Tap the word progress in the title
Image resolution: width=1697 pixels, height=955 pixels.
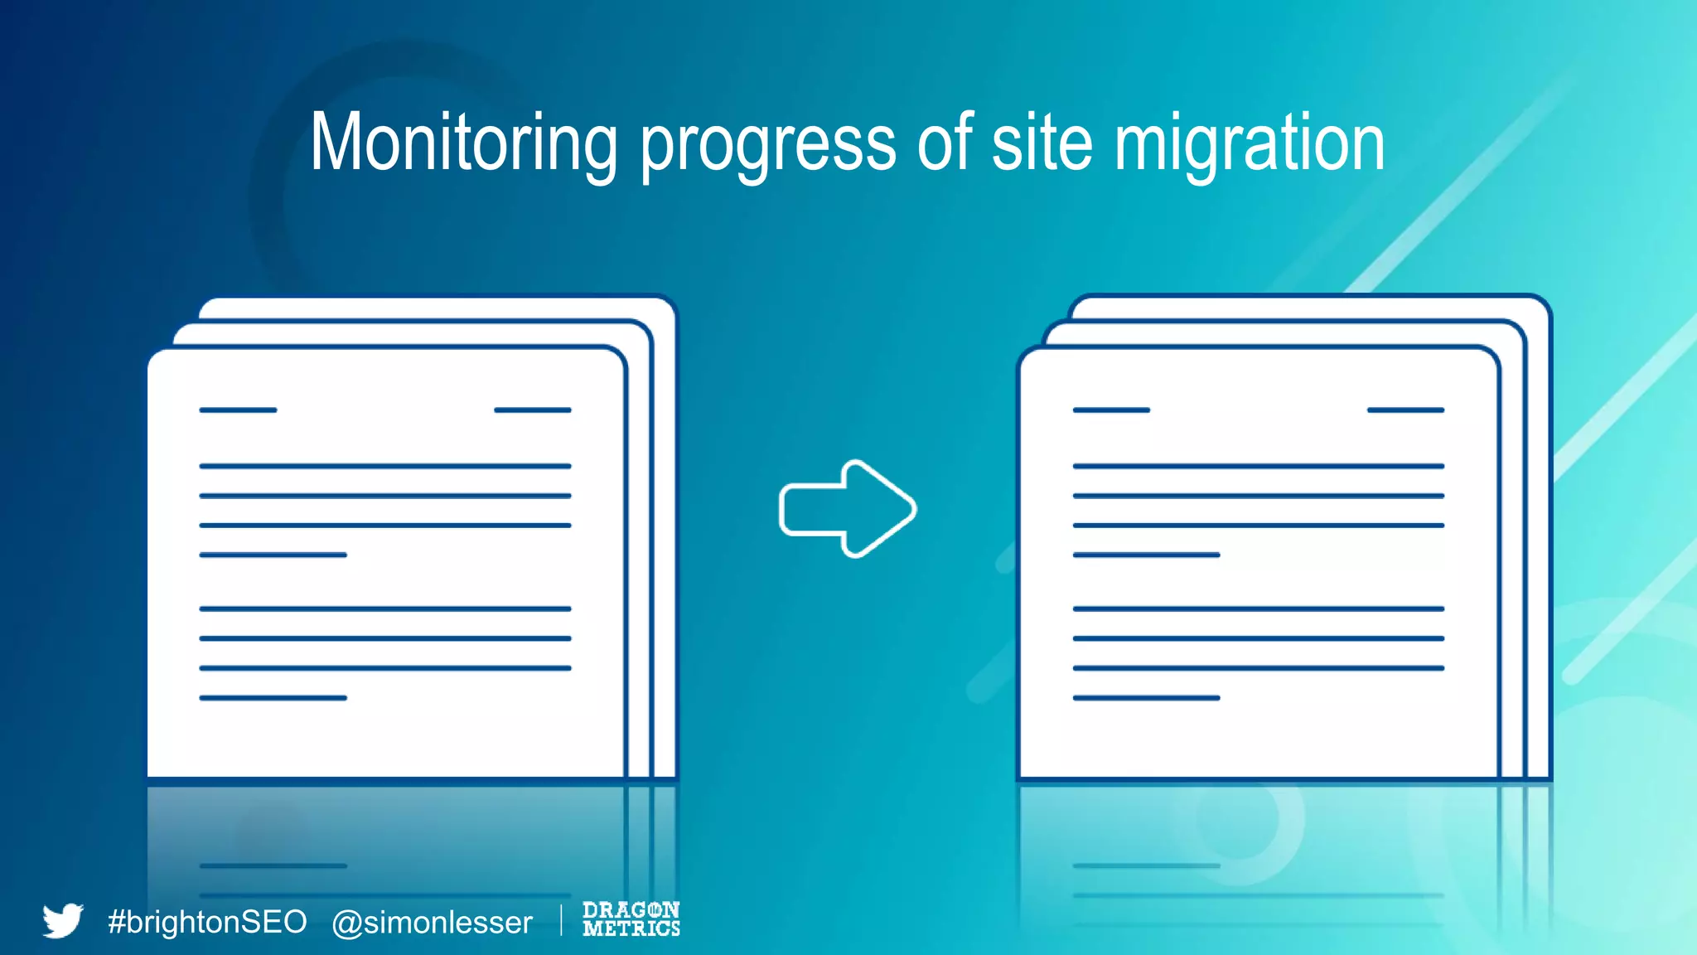point(768,146)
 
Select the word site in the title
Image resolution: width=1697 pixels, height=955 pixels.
point(1042,143)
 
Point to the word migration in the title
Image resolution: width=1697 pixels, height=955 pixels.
point(1249,146)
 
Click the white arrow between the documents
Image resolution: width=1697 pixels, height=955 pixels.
point(848,508)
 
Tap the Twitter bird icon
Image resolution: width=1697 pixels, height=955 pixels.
point(63,920)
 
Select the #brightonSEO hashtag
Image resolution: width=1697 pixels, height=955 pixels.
point(207,922)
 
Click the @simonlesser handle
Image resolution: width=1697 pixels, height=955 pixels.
point(432,923)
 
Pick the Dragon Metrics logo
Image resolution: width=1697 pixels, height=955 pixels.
point(631,919)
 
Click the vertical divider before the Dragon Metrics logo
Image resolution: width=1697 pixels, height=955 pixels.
point(561,920)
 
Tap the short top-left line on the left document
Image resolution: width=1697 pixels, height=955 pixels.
point(238,410)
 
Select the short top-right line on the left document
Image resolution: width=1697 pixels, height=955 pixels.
point(532,410)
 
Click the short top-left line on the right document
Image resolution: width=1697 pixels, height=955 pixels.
point(1111,410)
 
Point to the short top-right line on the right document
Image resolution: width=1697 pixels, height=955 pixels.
point(1405,410)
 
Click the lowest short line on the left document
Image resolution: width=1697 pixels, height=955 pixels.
point(273,698)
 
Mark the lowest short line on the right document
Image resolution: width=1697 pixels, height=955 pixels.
point(1146,698)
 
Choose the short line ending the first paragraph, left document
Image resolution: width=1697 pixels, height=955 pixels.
point(273,555)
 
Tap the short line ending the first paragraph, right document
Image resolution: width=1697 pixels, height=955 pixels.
point(1146,555)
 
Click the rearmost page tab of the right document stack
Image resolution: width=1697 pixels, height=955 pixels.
point(1309,306)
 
